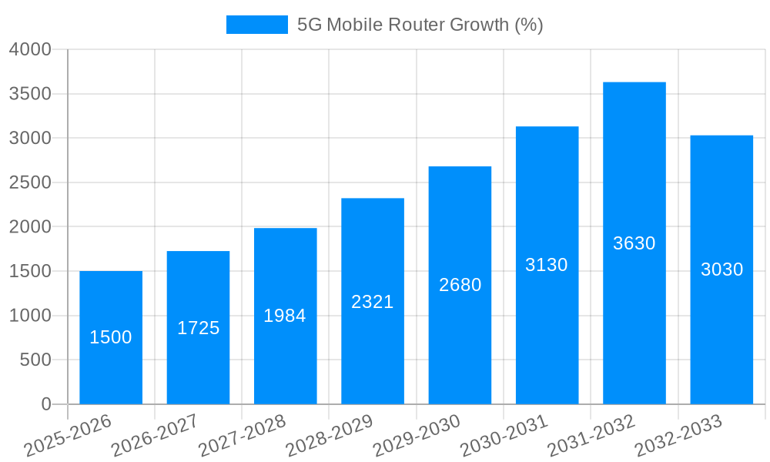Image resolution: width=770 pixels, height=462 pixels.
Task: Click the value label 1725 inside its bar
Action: click(x=198, y=328)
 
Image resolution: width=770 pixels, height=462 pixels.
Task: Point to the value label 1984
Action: click(x=285, y=316)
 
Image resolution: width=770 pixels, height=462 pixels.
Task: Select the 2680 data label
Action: click(x=460, y=285)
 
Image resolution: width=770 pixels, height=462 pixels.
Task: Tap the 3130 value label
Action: click(x=547, y=265)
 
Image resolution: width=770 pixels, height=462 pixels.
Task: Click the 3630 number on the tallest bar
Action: click(x=634, y=243)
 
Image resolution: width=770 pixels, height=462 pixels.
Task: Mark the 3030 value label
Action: click(x=721, y=269)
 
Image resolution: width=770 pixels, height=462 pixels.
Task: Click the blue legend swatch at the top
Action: click(x=256, y=25)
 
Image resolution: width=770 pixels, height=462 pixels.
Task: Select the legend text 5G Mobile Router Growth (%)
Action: click(x=420, y=25)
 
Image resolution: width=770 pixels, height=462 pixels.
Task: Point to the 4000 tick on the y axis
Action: click(x=30, y=49)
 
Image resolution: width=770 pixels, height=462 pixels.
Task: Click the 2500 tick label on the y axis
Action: click(x=30, y=182)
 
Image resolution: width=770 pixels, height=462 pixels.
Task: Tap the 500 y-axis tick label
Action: click(x=35, y=360)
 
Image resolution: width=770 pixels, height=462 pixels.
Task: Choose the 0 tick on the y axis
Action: click(x=45, y=404)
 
